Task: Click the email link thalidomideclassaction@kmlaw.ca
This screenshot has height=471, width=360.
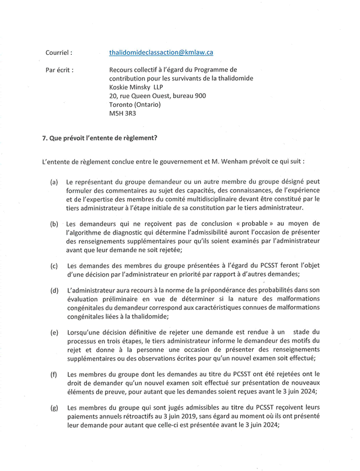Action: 161,53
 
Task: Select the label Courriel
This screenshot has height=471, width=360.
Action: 58,53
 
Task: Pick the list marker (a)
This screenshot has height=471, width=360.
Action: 54,182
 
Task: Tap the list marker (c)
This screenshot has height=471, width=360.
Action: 54,266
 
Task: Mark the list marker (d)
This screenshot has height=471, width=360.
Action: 54,290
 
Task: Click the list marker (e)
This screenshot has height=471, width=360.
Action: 54,332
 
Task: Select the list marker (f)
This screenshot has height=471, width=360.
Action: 54,374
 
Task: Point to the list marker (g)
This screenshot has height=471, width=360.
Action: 54,407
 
